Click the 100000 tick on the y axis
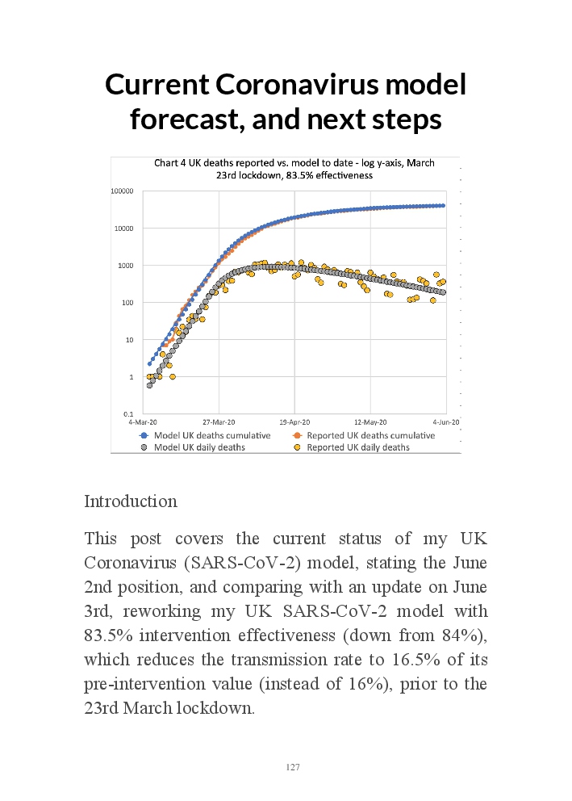click(122, 191)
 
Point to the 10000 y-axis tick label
click(123, 229)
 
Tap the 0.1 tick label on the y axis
click(129, 414)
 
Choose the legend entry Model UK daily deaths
click(193, 447)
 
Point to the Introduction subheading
click(131, 501)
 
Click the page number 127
click(293, 767)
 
